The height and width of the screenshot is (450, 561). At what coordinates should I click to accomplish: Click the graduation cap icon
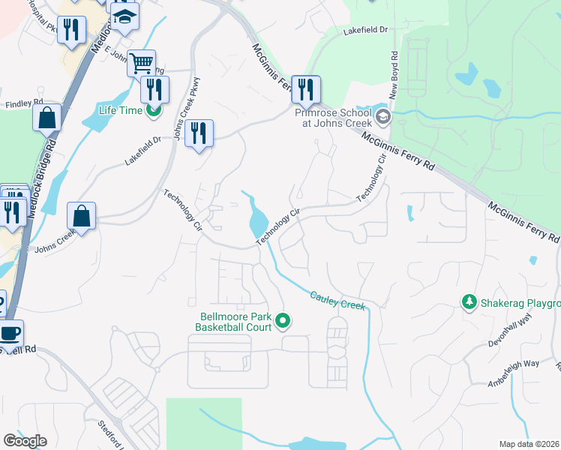[x=124, y=16]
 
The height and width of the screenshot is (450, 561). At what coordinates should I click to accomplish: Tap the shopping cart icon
[x=141, y=62]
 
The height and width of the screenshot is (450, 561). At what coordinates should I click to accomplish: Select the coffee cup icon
[x=9, y=332]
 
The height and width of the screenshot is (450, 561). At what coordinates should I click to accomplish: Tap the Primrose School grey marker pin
[x=383, y=116]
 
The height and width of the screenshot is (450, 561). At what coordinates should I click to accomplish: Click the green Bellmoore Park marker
[x=283, y=322]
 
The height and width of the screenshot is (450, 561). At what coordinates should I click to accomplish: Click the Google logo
[x=25, y=441]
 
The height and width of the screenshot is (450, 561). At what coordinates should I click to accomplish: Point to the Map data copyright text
[x=529, y=444]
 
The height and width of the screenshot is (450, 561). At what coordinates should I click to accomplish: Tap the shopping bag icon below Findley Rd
[x=46, y=117]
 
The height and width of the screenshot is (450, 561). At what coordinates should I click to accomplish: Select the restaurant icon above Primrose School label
[x=305, y=88]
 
